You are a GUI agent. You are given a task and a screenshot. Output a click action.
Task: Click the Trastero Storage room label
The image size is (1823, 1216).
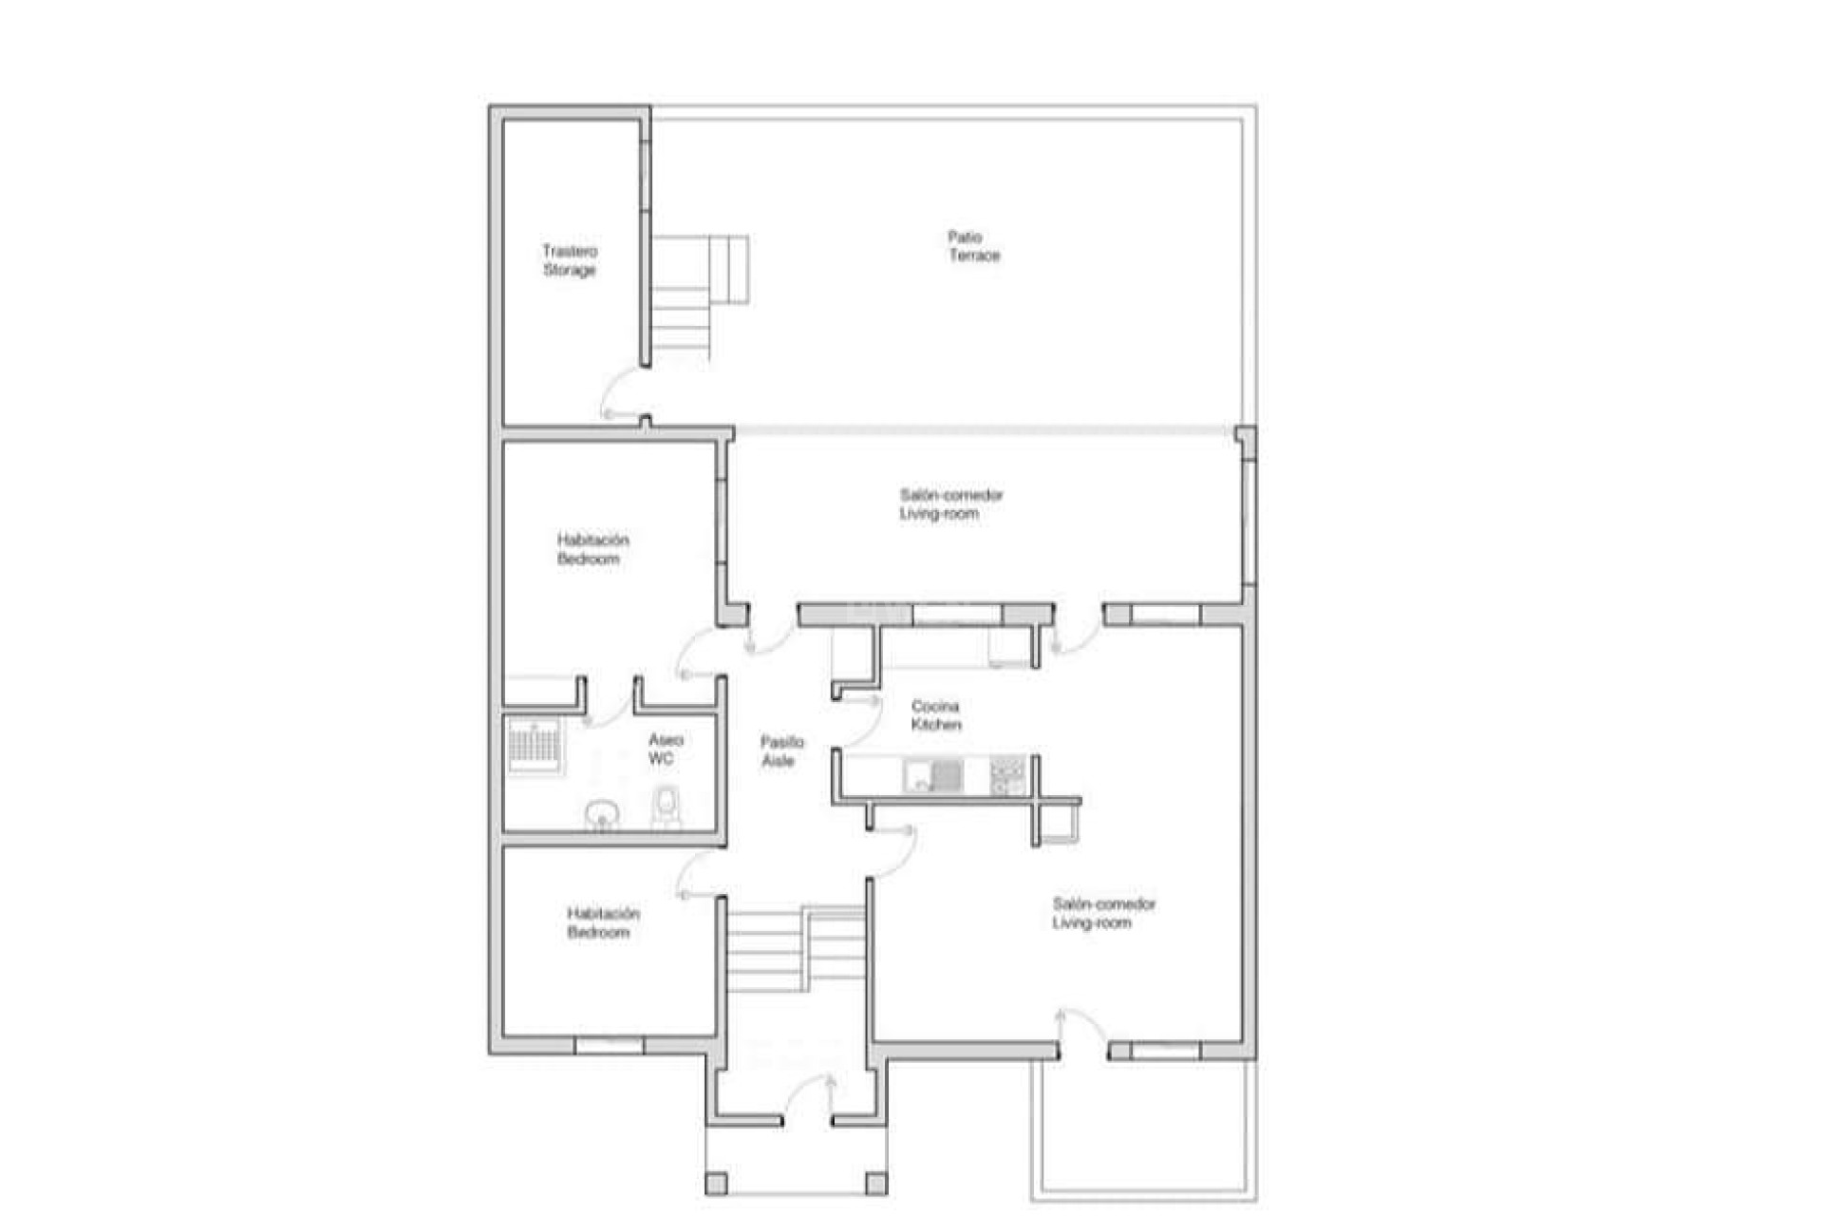[x=570, y=260]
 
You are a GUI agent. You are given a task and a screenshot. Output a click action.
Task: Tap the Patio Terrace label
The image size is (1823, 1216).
[x=973, y=246]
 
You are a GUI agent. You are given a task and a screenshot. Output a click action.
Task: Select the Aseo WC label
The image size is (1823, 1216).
[x=665, y=749]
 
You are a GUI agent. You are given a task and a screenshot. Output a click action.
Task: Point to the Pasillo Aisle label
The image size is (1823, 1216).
[x=781, y=750]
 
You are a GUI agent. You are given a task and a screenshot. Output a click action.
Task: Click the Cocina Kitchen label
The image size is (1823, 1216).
[x=935, y=715]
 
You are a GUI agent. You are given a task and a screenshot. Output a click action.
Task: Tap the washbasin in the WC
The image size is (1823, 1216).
[x=601, y=815]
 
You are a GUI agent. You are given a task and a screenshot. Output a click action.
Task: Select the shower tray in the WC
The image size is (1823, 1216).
[x=534, y=747]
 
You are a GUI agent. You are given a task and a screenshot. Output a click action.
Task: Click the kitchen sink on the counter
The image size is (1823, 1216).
[x=933, y=775]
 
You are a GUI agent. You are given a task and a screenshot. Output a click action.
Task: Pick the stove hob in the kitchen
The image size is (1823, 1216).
[x=1007, y=775]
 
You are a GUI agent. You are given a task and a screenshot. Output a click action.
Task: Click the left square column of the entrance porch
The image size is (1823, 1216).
[x=717, y=1184]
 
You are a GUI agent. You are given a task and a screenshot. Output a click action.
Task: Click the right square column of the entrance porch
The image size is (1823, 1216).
[x=876, y=1184]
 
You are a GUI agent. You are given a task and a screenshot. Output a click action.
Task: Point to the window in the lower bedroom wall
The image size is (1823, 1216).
[x=609, y=1045]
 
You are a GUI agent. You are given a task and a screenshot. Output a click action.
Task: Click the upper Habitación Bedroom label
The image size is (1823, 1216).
[x=592, y=549]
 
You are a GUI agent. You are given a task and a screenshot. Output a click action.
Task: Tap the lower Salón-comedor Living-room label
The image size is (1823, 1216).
[x=1103, y=913]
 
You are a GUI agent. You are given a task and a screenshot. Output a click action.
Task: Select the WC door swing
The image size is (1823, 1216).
[x=608, y=708]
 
